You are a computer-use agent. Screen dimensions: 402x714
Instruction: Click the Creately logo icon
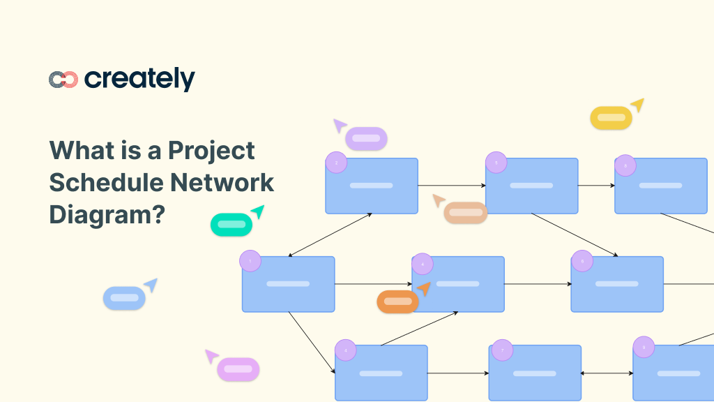pos(63,80)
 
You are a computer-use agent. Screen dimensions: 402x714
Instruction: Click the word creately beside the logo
pos(139,80)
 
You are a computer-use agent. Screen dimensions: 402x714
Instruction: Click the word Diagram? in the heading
pos(107,214)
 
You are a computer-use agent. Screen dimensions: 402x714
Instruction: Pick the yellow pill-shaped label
pos(611,118)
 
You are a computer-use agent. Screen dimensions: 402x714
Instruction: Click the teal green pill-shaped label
pos(231,225)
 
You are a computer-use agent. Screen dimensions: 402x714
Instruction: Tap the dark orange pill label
pos(397,301)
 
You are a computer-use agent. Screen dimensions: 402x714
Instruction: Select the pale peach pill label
pos(465,213)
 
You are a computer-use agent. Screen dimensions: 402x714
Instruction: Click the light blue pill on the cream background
pos(124,298)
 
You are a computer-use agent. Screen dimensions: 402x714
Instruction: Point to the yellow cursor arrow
pos(637,105)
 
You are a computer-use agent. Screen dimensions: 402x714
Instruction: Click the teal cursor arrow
pos(258,211)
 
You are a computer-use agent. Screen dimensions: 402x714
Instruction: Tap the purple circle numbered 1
pos(250,261)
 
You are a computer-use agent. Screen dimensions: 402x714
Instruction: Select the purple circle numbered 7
pos(502,350)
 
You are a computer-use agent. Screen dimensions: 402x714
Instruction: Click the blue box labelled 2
pos(372,186)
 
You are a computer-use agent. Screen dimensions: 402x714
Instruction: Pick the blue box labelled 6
pos(617,284)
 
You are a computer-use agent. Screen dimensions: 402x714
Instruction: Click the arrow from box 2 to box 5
pos(452,186)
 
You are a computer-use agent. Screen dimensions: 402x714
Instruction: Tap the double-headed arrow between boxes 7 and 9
pos(607,373)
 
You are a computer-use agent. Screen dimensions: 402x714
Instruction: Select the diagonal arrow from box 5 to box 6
pos(575,235)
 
